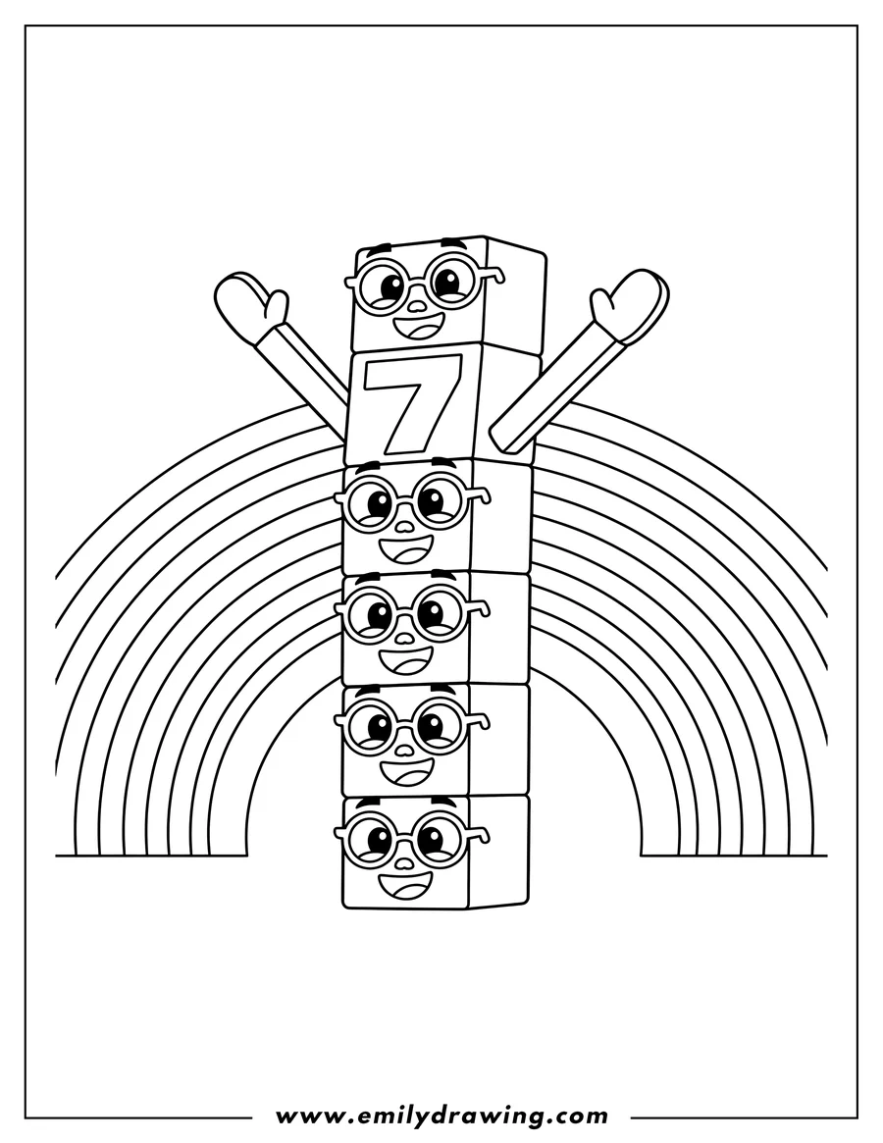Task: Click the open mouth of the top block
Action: click(419, 326)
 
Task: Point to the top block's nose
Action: click(417, 305)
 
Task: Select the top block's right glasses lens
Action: click(452, 284)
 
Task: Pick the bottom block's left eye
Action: click(372, 840)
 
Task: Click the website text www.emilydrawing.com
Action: click(441, 1116)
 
